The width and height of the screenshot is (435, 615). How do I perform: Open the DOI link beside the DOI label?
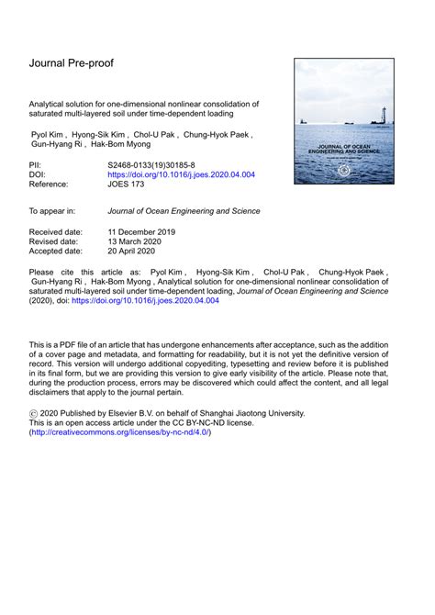click(x=181, y=173)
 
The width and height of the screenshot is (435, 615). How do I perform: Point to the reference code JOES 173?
click(x=131, y=184)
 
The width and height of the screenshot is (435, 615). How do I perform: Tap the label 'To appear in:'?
click(x=52, y=211)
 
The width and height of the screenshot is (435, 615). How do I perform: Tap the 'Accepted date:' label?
click(x=59, y=251)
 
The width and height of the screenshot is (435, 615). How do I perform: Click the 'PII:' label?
click(x=37, y=163)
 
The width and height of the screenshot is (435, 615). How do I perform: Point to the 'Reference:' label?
click(x=51, y=184)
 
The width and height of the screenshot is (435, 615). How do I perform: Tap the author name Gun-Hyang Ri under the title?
click(x=57, y=145)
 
